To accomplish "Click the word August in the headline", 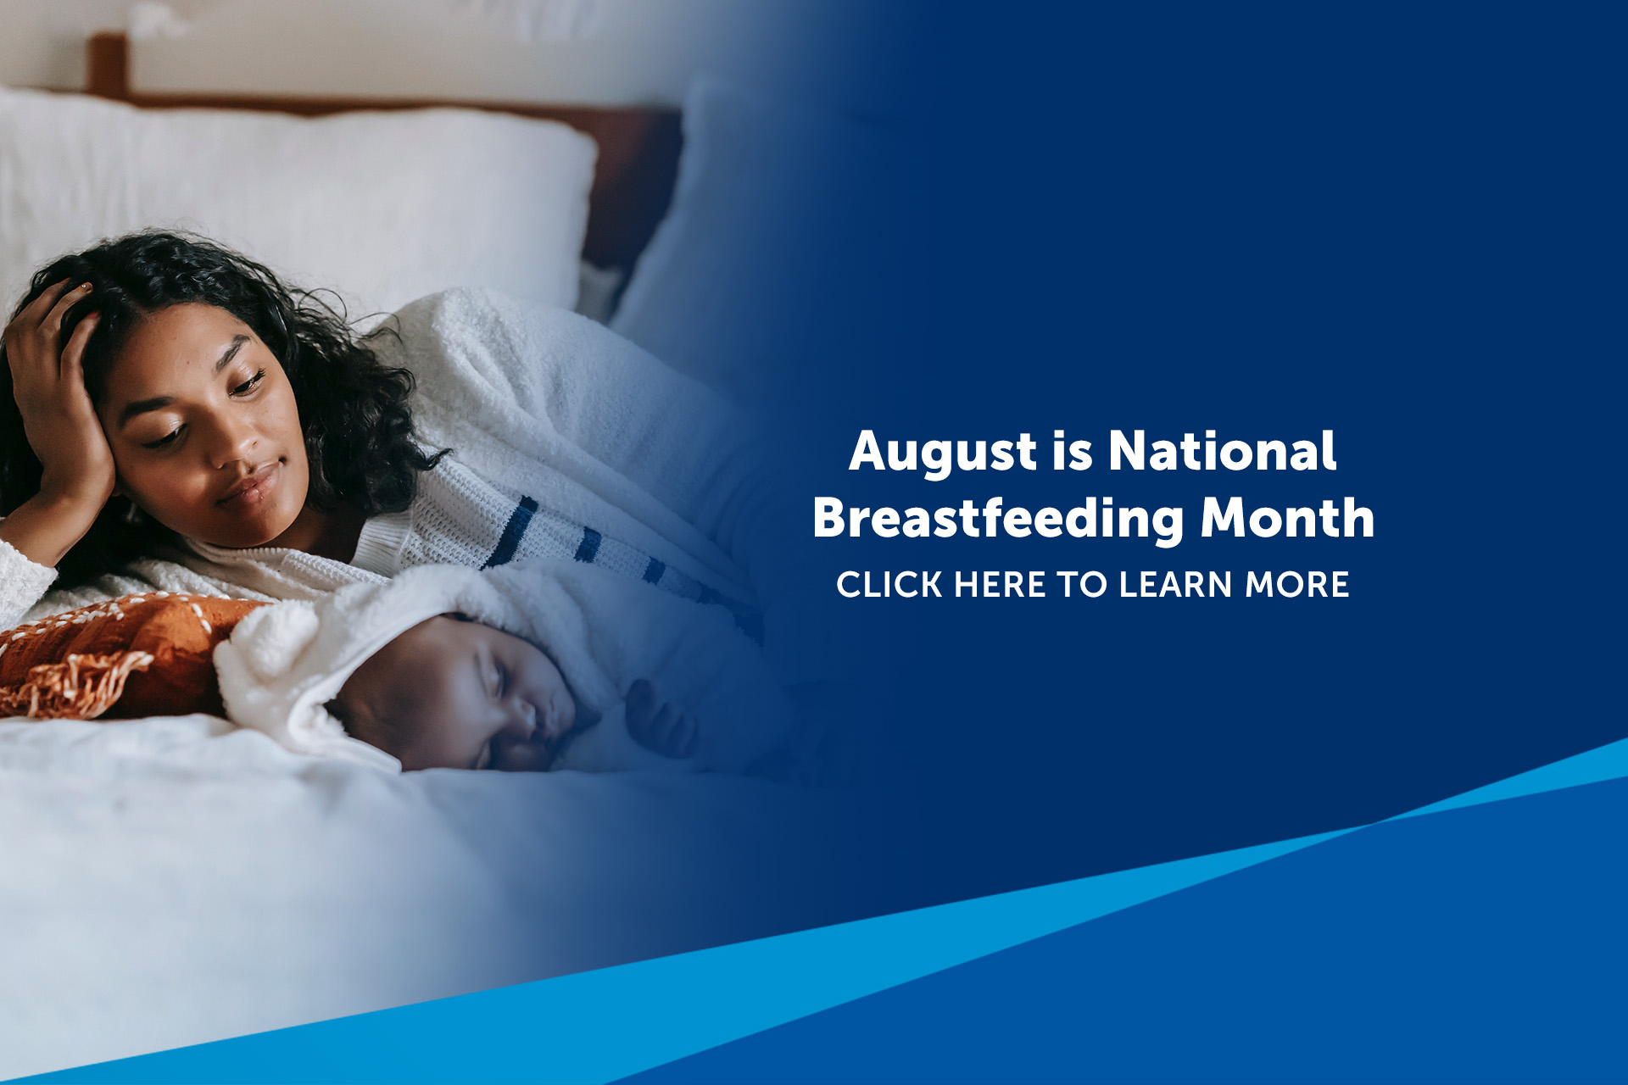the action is (x=942, y=453).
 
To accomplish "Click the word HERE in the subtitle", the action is (x=1000, y=585).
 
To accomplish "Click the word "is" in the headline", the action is (x=1073, y=451).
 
